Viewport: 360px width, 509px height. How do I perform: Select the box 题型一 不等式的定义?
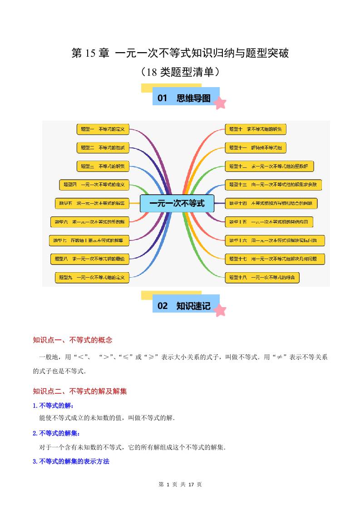click(x=103, y=129)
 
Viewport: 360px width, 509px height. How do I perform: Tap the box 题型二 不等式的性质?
click(x=103, y=147)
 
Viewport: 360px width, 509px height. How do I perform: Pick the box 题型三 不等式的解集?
click(x=103, y=166)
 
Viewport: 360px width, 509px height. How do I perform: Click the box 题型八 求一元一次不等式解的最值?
click(x=90, y=259)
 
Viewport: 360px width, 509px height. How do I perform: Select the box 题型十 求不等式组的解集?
click(x=256, y=129)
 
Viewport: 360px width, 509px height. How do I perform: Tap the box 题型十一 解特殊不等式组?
click(x=256, y=147)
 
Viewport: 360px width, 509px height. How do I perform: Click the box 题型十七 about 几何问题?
click(x=275, y=259)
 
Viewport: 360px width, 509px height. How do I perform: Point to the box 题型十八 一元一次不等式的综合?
click(x=262, y=277)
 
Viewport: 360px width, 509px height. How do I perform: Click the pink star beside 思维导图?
click(x=220, y=103)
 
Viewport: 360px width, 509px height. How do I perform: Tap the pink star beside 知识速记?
click(x=220, y=310)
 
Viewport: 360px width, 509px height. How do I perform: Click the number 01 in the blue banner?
click(x=163, y=98)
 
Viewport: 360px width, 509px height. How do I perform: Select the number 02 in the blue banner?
click(x=163, y=306)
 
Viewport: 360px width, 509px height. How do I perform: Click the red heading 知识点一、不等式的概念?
click(x=73, y=340)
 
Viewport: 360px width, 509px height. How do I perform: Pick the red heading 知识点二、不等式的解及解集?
click(x=80, y=391)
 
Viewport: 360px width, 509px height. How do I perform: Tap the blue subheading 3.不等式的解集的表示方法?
click(x=71, y=461)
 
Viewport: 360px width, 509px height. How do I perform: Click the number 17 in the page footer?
click(x=191, y=485)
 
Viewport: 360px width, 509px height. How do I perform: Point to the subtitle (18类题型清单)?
click(x=180, y=72)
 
